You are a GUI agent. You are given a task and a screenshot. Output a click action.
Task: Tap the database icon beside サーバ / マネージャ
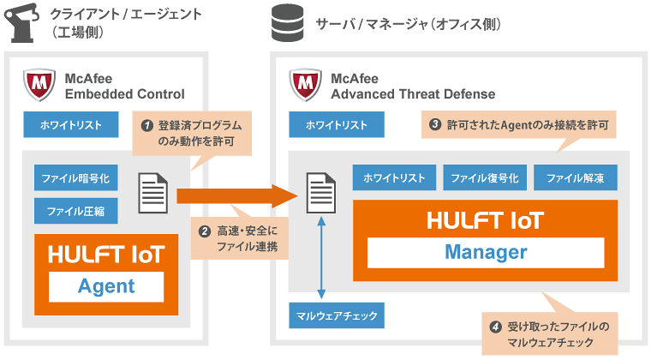point(285,23)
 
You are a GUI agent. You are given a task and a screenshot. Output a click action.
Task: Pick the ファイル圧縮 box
point(76,210)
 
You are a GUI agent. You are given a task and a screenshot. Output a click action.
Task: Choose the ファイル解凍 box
point(575,178)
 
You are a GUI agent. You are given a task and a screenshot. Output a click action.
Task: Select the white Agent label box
point(106,285)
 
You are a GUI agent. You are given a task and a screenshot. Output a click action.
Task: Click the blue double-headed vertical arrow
point(321,256)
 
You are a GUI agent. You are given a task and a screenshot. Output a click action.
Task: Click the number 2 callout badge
point(205,231)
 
